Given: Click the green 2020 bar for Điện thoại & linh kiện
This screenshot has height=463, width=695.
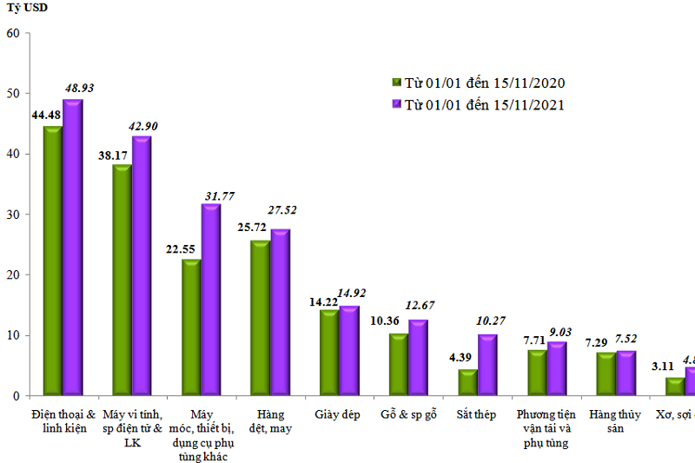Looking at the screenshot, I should [x=52, y=261].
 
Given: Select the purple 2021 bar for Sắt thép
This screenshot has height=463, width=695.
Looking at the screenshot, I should [x=487, y=365].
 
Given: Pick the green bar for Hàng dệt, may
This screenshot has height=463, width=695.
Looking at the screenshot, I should [x=259, y=318].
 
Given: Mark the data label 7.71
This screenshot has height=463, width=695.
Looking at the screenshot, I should [x=532, y=341].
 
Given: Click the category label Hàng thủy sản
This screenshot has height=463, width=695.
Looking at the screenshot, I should [x=613, y=421].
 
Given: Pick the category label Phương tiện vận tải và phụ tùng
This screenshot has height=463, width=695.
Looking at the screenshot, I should [x=546, y=428].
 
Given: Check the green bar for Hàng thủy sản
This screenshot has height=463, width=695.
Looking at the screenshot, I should [x=606, y=374].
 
